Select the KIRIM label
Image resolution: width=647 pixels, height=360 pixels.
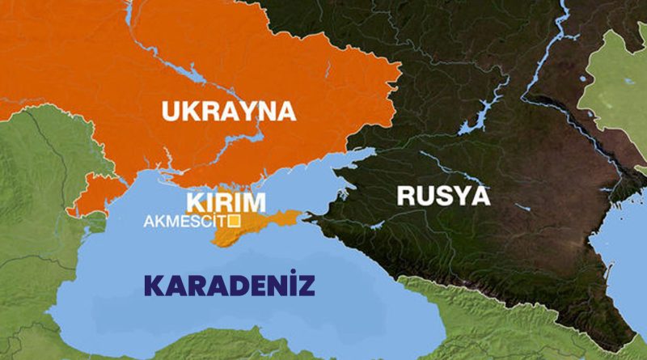point(226,201)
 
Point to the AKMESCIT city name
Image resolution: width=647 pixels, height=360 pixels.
point(185,220)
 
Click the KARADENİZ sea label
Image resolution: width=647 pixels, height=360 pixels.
point(230,285)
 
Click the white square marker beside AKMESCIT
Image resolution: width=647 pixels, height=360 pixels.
point(234,220)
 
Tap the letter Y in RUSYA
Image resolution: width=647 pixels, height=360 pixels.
point(460,195)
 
